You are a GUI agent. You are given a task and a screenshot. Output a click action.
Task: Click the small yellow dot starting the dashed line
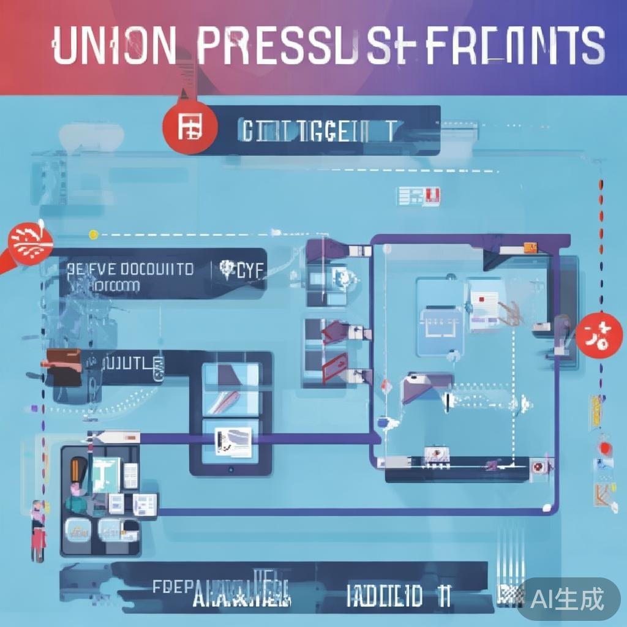[93, 234]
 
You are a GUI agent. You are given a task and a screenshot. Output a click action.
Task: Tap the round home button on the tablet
[230, 470]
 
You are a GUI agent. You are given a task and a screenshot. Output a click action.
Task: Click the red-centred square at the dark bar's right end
[539, 467]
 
